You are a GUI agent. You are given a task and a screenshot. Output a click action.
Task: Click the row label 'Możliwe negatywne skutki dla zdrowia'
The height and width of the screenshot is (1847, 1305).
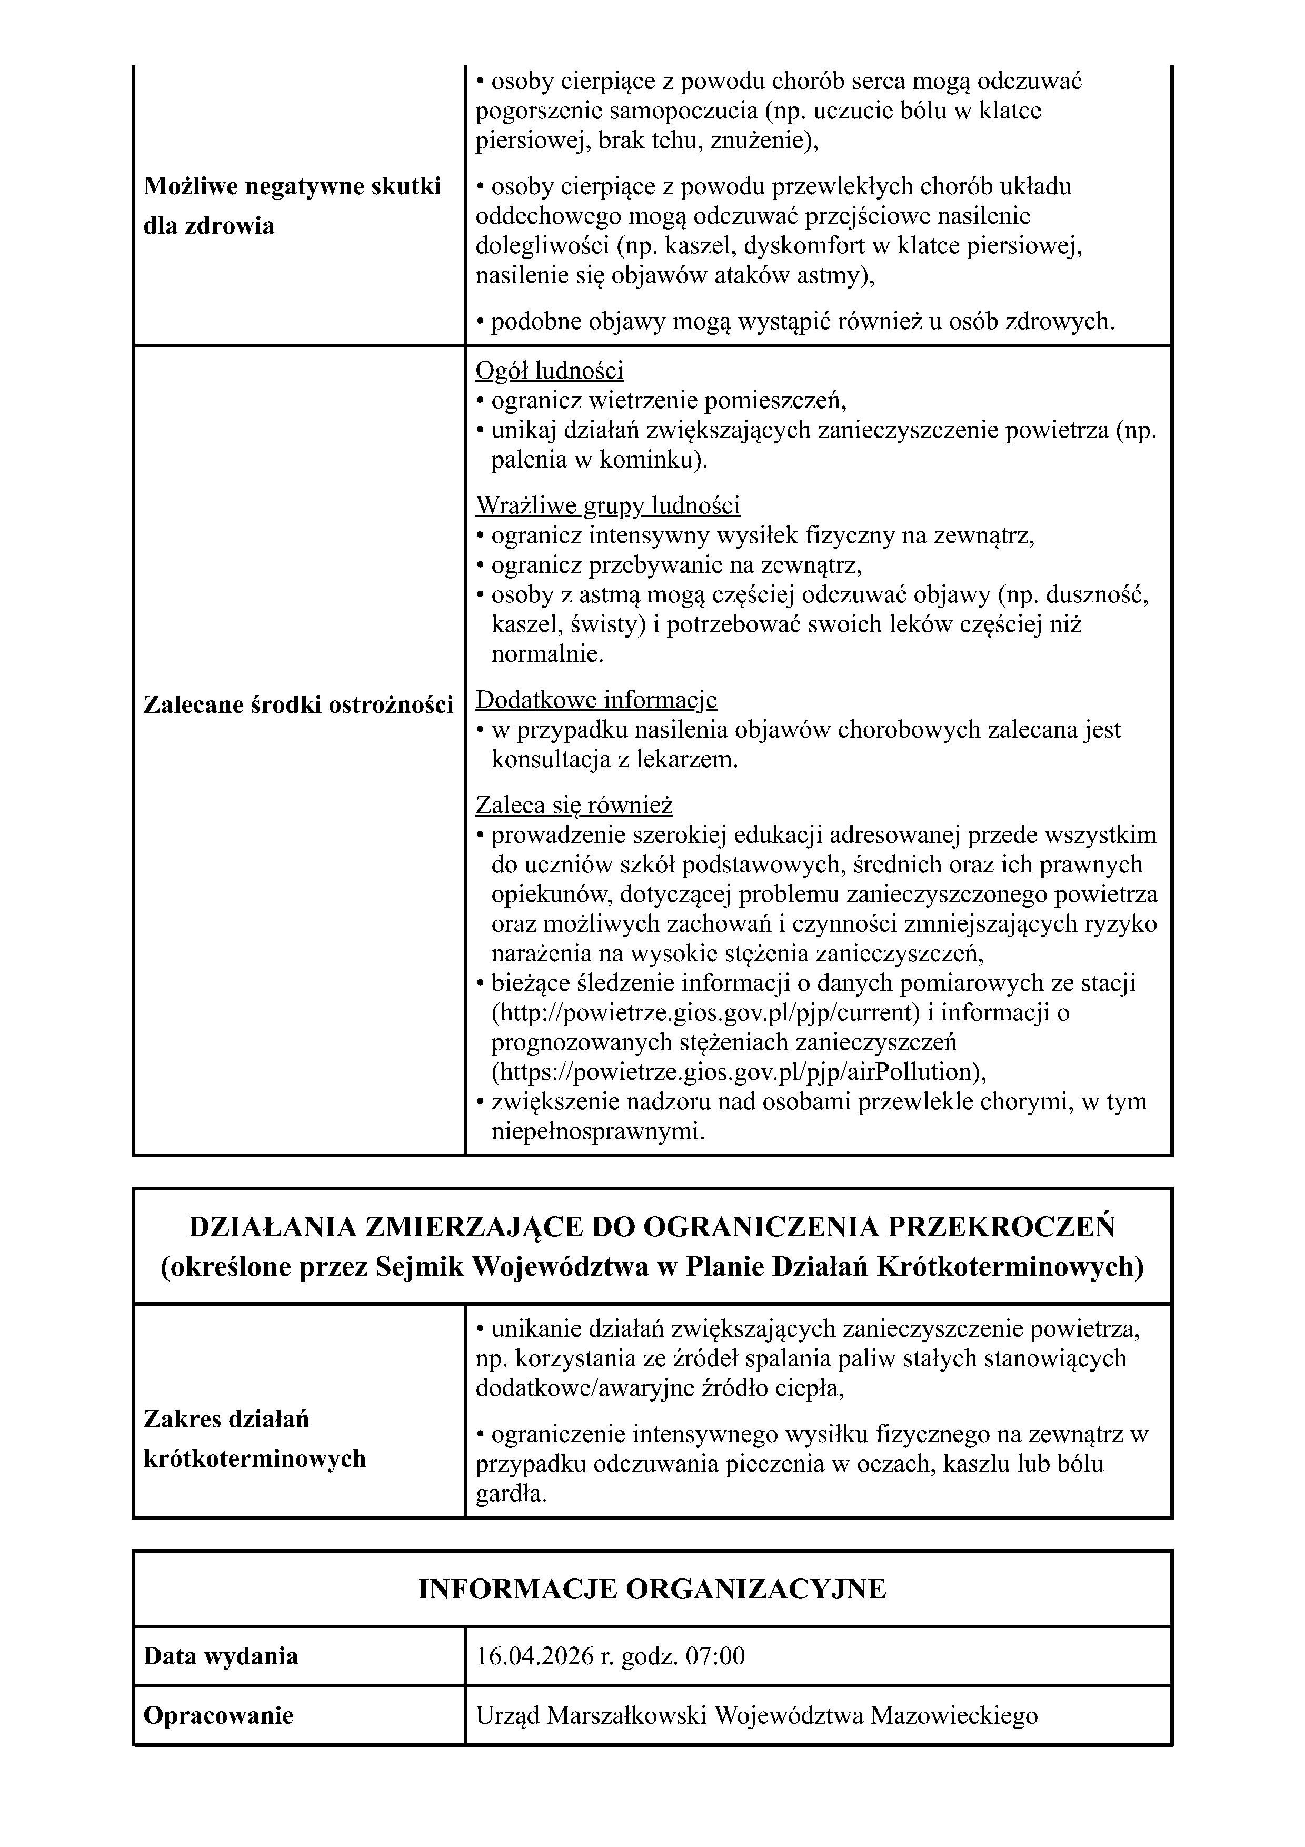click(x=292, y=206)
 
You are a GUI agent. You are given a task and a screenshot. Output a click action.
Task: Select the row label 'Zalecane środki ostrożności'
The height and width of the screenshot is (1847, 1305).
click(x=297, y=704)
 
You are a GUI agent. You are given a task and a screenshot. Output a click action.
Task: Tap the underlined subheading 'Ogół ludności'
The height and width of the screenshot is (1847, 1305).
click(x=549, y=371)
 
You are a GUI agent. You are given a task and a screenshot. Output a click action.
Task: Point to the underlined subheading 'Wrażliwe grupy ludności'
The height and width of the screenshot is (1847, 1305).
click(x=607, y=506)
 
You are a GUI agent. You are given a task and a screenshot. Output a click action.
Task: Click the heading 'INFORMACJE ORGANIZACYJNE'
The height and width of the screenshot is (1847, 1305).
click(x=651, y=1590)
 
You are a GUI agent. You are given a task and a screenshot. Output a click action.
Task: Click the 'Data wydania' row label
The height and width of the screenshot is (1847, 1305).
click(x=221, y=1656)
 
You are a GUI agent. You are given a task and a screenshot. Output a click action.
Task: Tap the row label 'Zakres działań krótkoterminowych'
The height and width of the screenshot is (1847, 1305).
click(x=254, y=1438)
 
